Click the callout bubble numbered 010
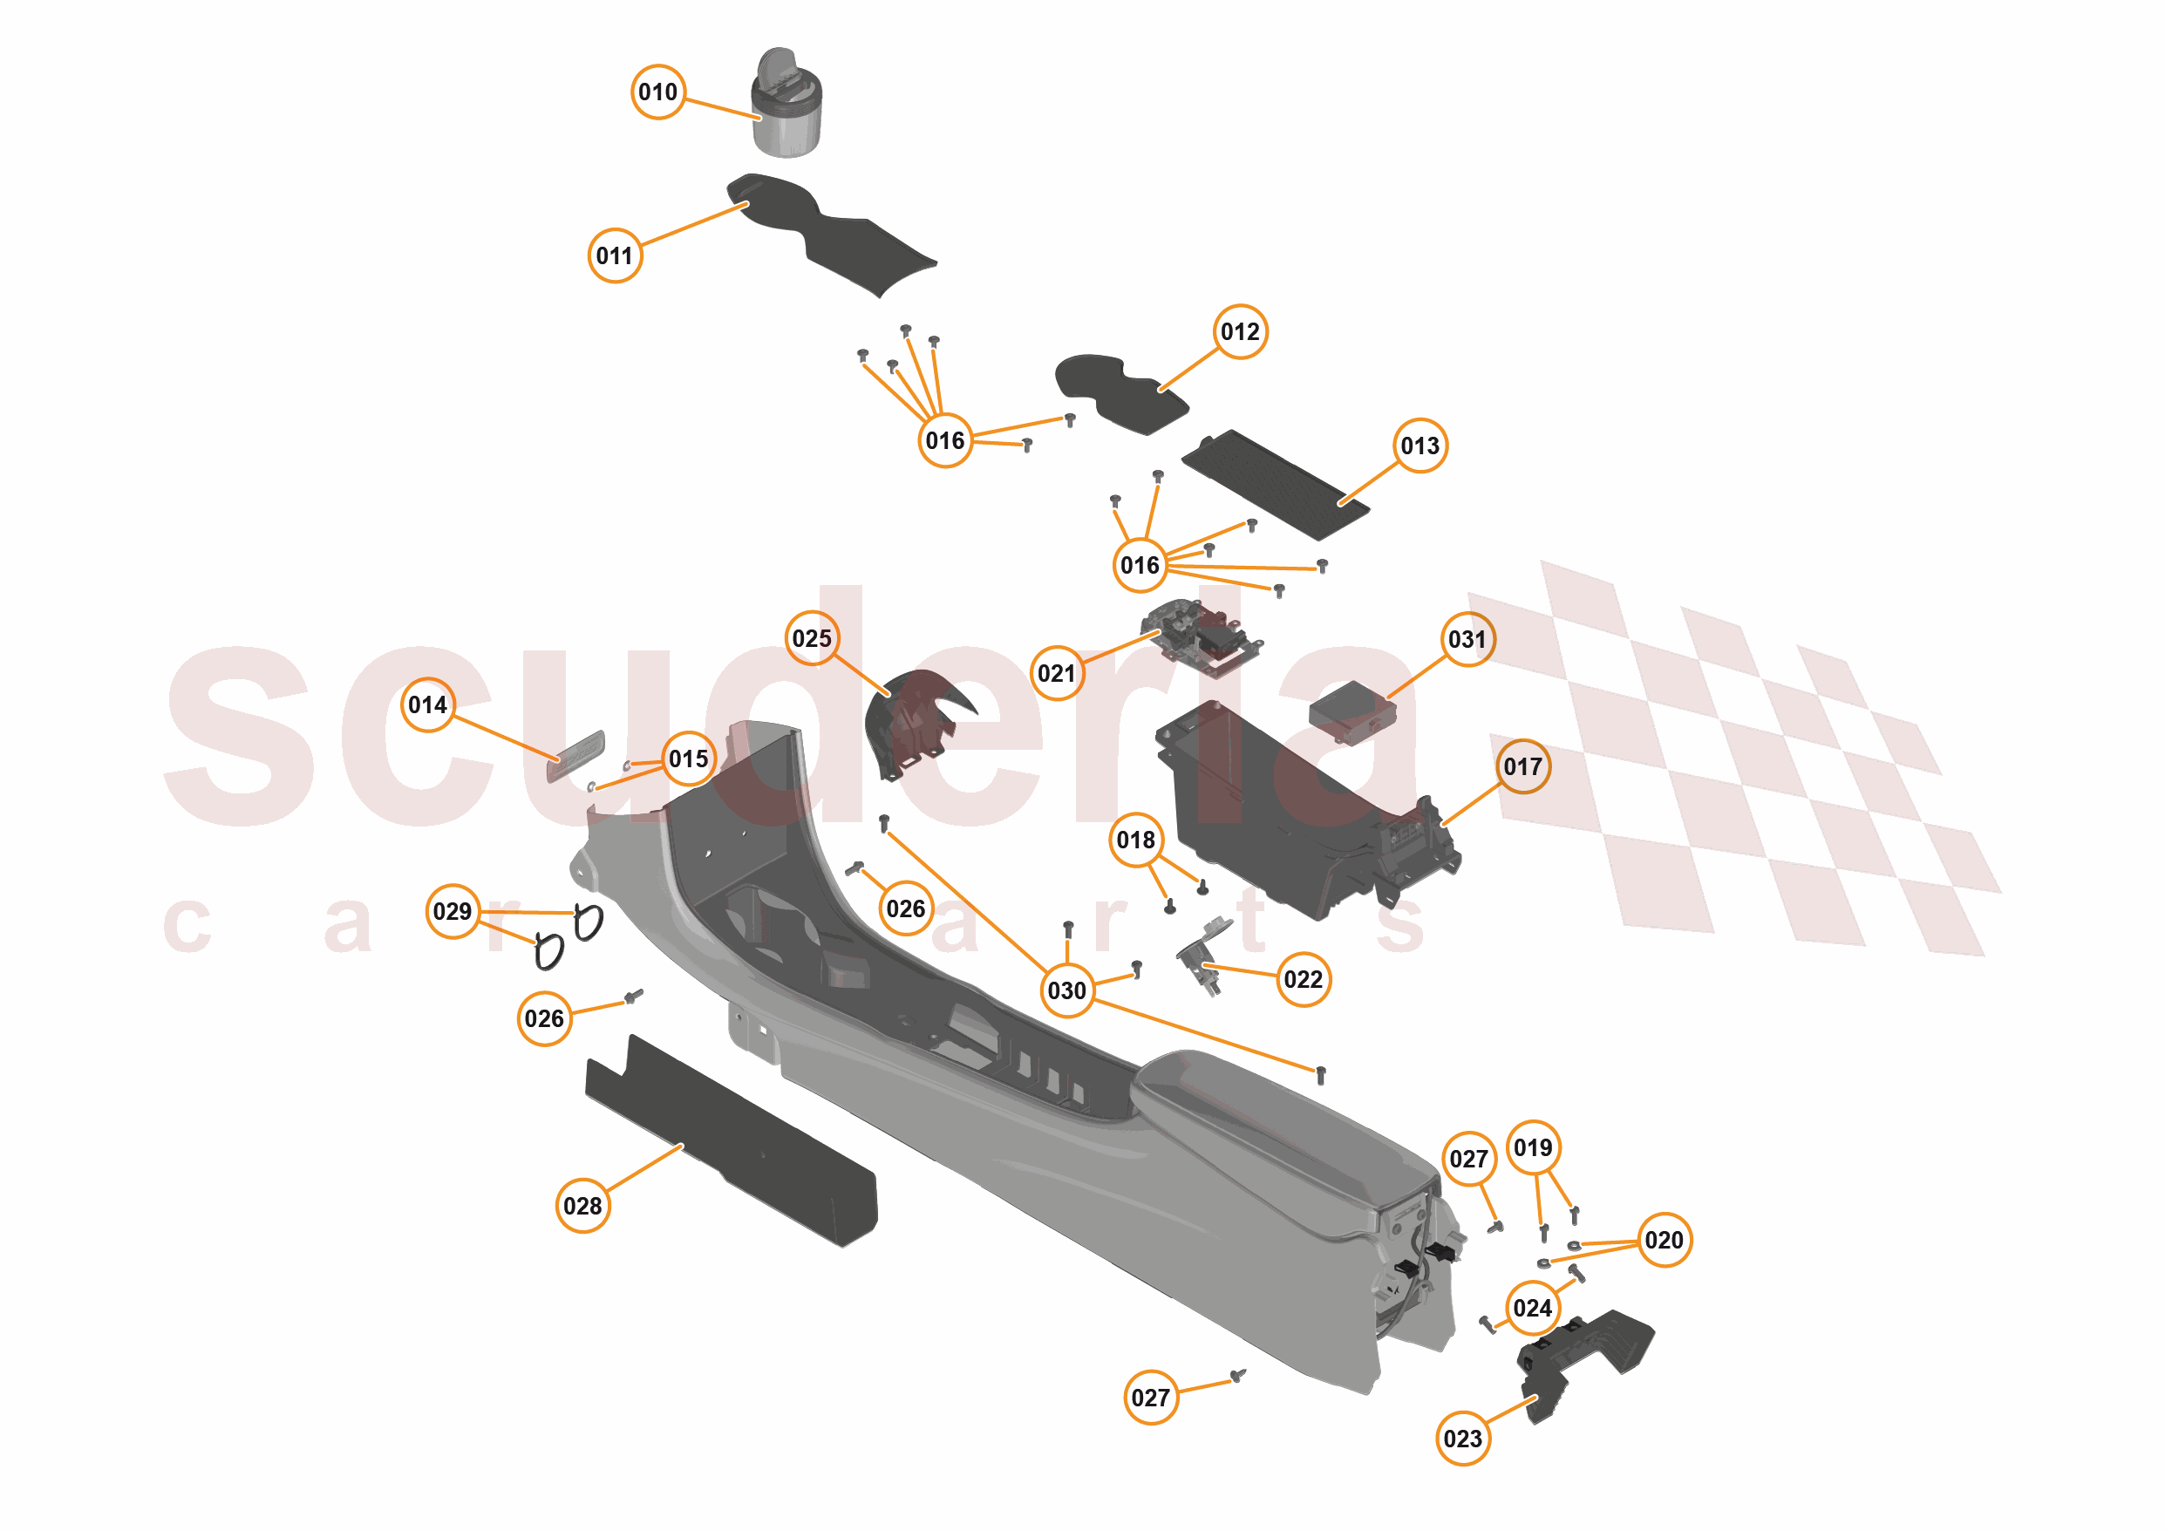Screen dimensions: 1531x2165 tap(657, 92)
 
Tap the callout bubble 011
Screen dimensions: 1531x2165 tap(615, 255)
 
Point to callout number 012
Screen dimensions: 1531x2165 tap(1239, 332)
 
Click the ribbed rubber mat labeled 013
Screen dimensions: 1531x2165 tap(1275, 485)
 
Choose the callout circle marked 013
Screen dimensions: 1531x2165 tap(1420, 446)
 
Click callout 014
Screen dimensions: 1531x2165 tap(428, 705)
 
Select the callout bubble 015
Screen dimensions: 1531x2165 tap(688, 759)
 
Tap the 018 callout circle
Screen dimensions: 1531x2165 tap(1135, 840)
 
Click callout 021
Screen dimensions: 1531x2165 tap(1056, 673)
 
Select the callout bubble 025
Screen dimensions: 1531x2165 tap(812, 638)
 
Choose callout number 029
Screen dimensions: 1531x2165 tap(453, 912)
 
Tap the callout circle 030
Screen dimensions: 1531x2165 tap(1066, 990)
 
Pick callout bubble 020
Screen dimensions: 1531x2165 tap(1664, 1240)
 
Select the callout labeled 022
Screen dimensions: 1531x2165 tap(1304, 979)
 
